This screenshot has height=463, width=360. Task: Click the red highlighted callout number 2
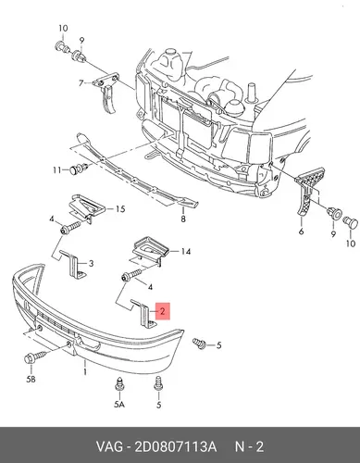coord(163,311)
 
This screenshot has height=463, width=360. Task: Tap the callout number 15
coord(120,209)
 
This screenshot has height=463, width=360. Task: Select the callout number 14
coord(185,252)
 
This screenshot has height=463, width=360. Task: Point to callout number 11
coord(56,170)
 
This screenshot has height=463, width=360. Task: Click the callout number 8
coord(183,219)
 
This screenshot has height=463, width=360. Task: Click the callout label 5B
coord(31,379)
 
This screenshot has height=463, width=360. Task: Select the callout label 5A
coord(119,404)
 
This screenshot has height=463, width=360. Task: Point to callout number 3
coord(91,264)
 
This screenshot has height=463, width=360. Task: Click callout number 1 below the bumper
coord(85,371)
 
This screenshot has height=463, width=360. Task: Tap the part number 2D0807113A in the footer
coord(175,446)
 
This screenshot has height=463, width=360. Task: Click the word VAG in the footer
coord(109,446)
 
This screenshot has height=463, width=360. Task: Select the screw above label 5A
coord(119,384)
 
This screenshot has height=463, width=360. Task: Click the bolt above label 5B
coord(35,357)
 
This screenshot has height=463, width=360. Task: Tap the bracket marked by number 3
coord(74,265)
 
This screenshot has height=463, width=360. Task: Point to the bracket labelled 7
coord(106,92)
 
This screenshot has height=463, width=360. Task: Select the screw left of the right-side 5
coord(200,344)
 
